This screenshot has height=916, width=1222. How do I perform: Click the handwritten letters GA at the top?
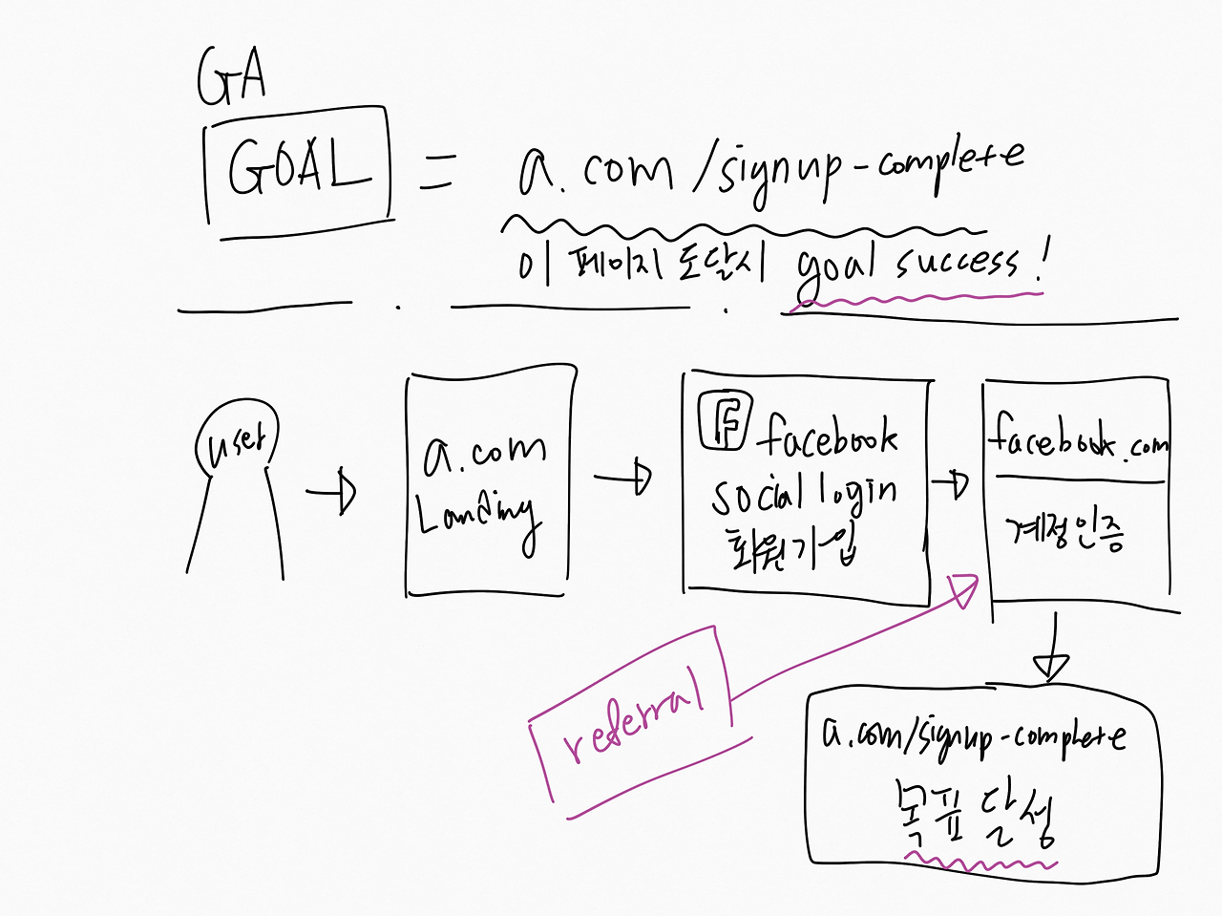(x=230, y=76)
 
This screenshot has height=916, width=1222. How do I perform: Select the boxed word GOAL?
(x=298, y=165)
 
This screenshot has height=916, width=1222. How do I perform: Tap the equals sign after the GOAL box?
(x=437, y=171)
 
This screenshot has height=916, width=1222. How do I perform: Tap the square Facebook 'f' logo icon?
(x=725, y=419)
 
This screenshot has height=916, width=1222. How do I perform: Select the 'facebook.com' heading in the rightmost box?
(x=1077, y=440)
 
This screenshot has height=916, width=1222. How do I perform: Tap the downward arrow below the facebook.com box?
(x=1051, y=650)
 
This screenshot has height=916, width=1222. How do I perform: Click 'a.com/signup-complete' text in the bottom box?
(x=973, y=735)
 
